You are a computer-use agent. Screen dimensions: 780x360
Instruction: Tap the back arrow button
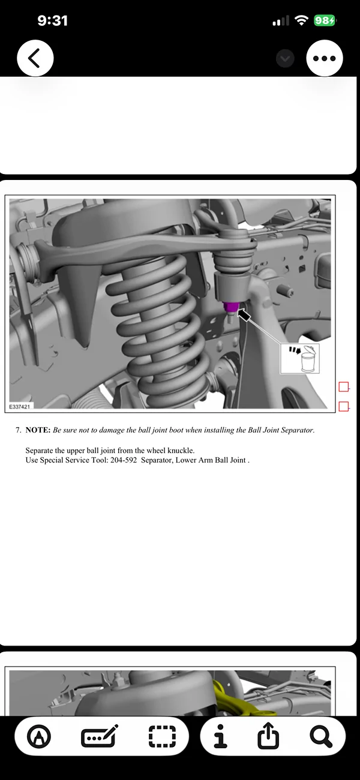pos(35,58)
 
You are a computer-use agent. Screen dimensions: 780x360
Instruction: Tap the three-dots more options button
pos(324,58)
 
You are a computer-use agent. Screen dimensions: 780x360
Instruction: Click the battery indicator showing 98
pos(324,20)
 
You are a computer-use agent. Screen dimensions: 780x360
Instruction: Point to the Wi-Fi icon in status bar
pos(301,20)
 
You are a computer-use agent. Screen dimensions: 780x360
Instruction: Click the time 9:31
pos(52,20)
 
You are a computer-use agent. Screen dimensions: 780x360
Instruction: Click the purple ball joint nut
pos(230,308)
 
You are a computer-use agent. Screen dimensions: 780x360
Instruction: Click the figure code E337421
pos(21,406)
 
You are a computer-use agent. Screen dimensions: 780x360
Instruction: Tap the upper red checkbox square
pos(344,387)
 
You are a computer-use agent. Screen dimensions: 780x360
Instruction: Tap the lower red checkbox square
pos(344,407)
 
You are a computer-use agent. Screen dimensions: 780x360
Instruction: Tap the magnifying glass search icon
pos(321,736)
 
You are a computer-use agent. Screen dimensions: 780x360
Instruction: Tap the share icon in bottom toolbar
pos(268,736)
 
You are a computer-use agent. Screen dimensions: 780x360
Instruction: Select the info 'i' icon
pos(221,736)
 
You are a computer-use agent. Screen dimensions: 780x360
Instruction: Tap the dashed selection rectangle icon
pos(162,736)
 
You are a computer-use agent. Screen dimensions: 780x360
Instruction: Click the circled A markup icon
pos(40,736)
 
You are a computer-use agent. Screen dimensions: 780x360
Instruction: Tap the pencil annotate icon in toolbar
pos(100,736)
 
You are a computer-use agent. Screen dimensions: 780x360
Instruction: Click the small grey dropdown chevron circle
pos(286,58)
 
